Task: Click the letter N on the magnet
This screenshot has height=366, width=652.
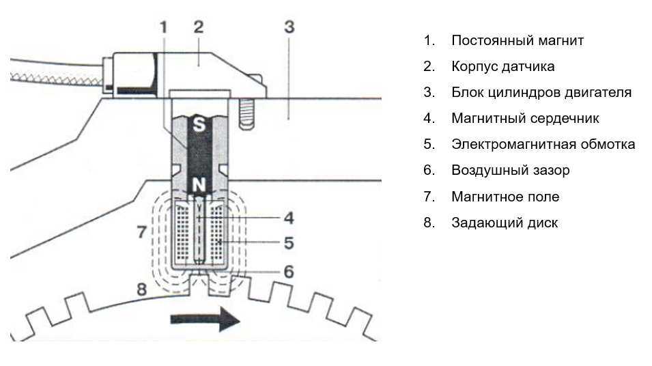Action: (x=199, y=184)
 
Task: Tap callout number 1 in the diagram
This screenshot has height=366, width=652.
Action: (x=163, y=28)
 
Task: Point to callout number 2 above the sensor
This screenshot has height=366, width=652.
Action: (x=199, y=28)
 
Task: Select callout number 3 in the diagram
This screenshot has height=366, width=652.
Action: (x=289, y=28)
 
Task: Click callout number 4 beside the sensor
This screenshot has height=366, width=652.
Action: (x=289, y=218)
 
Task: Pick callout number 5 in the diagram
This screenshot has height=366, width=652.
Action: (x=289, y=242)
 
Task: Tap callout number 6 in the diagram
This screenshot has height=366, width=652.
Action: (x=289, y=271)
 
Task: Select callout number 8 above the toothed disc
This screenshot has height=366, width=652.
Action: (x=141, y=290)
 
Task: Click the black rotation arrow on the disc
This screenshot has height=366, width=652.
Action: (x=205, y=320)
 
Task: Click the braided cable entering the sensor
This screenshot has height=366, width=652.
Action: (x=55, y=70)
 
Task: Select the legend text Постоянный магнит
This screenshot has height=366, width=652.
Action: (x=518, y=40)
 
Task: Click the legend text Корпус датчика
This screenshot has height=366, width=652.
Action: (x=502, y=66)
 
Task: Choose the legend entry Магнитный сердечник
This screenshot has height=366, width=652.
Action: (x=525, y=118)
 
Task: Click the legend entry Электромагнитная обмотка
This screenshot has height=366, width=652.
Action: (x=543, y=144)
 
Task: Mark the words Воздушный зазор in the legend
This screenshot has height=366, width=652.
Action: (x=510, y=170)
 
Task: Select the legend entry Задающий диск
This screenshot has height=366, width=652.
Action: (x=504, y=223)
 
